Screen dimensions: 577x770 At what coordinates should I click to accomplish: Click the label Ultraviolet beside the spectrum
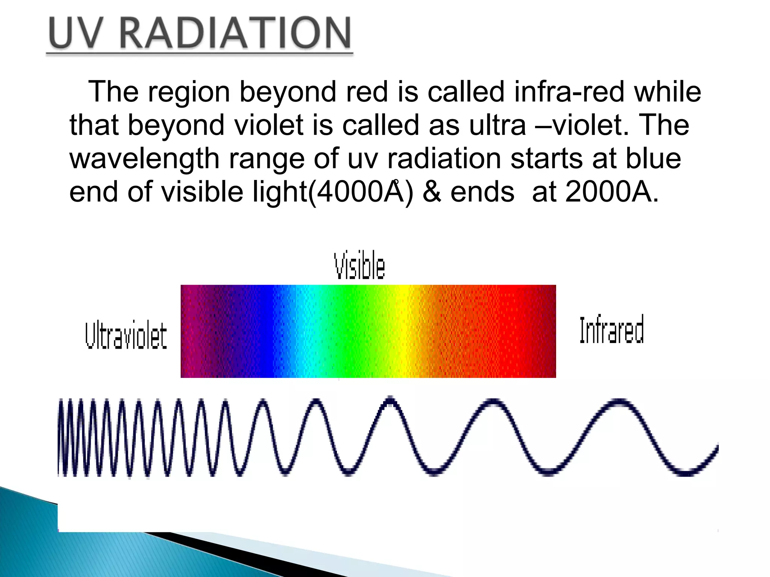pos(126,335)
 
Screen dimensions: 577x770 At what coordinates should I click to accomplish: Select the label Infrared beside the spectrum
pos(611,330)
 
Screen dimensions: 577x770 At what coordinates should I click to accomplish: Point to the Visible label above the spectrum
pos(359,266)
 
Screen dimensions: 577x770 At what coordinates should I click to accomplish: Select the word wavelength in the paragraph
pos(144,159)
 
